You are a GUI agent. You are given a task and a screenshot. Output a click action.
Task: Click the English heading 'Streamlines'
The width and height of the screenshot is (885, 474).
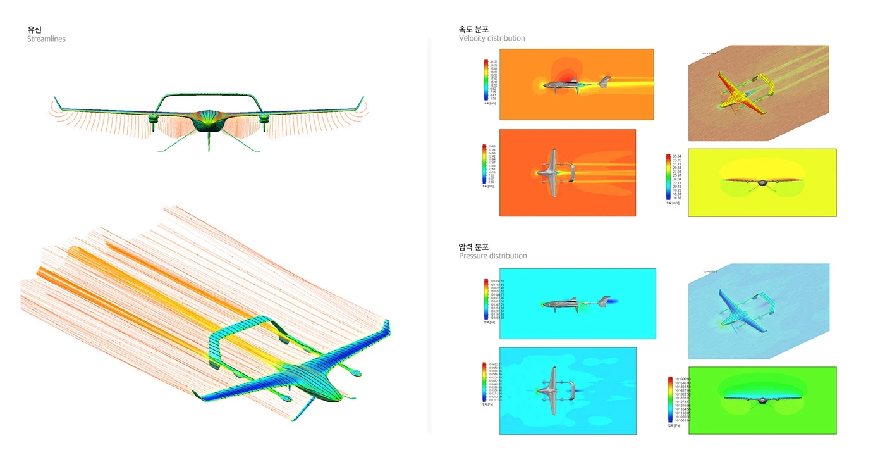(x=46, y=39)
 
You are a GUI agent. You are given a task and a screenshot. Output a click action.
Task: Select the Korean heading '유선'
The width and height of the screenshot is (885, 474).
(x=34, y=29)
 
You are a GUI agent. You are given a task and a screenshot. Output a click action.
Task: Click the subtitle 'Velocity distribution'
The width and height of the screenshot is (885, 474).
(x=492, y=38)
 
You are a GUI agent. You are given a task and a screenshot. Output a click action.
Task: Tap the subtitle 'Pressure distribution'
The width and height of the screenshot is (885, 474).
(x=492, y=256)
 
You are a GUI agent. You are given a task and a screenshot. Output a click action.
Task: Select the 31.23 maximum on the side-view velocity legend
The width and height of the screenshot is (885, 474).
(x=494, y=61)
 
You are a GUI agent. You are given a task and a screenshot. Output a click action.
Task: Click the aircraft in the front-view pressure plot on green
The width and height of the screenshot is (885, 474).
(x=762, y=399)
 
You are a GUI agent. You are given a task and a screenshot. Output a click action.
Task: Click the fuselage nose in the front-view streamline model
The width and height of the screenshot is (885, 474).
(x=209, y=121)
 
